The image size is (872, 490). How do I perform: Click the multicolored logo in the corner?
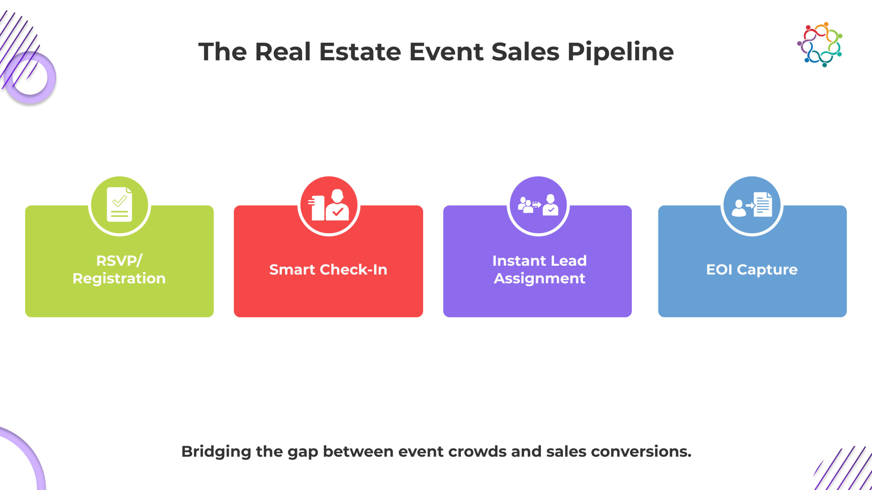pos(820,45)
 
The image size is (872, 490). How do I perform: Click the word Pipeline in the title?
pos(620,52)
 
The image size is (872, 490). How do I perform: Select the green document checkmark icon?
pos(119,205)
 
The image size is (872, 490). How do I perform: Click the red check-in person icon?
pos(329,205)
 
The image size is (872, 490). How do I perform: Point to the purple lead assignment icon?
pos(538,205)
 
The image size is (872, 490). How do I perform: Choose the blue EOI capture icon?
pos(752,205)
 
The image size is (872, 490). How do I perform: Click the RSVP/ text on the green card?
pos(119,261)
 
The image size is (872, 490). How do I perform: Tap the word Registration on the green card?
pos(119,279)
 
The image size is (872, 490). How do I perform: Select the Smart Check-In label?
pos(328,269)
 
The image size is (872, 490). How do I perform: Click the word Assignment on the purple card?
pos(540,279)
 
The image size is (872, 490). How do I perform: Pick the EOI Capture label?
pos(752,270)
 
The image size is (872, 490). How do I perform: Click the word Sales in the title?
pos(525,52)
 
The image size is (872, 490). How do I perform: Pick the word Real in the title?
pos(283,52)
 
